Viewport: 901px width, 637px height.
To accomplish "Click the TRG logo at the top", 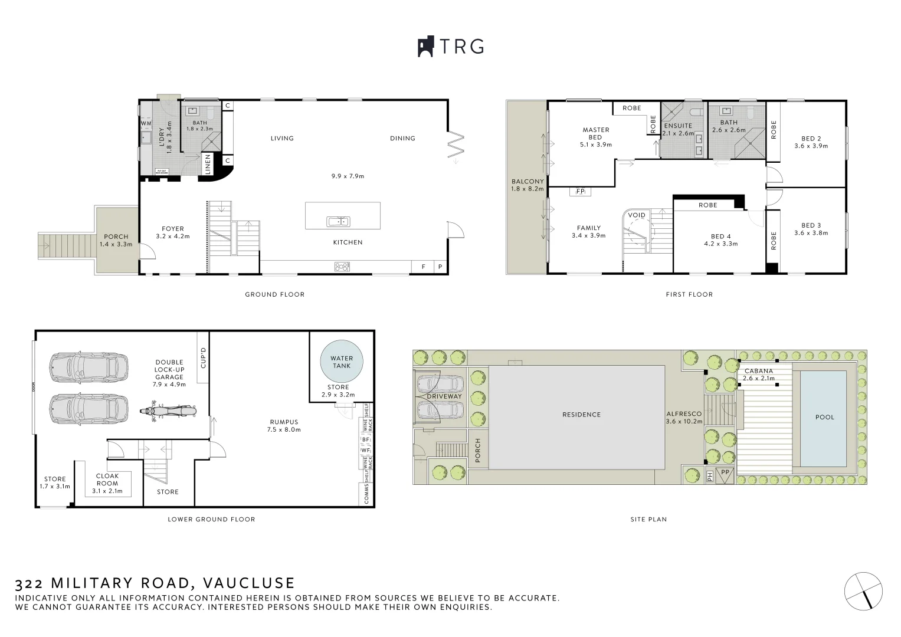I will pos(451,47).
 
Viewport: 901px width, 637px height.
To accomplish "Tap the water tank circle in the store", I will pos(342,362).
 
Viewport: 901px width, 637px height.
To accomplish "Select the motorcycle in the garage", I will pos(168,411).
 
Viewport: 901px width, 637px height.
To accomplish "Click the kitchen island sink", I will pos(338,222).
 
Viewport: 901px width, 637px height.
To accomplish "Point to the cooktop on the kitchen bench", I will pos(342,267).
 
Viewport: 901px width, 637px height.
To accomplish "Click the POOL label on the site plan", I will pos(825,417).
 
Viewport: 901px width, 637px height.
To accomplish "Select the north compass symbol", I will pos(863,590).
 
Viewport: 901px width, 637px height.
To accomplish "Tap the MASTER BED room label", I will pos(595,133).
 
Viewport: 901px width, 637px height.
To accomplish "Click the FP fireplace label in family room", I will pos(580,192).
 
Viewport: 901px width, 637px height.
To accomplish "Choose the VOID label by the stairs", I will pos(637,215).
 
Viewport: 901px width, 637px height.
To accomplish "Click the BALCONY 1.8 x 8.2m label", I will pos(528,185).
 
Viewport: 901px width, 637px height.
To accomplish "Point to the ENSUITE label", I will pos(678,126).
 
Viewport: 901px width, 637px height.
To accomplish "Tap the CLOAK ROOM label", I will pos(107,480).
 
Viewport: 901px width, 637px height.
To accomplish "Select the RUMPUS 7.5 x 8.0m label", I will pos(284,426).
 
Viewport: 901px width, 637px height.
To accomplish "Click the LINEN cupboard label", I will pos(208,165).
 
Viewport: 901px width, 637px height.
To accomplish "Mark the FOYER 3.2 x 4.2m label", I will pos(173,232).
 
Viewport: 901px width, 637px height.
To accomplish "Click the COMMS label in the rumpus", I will pos(366,494).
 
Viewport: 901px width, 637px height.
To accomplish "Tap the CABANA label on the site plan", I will pos(758,371).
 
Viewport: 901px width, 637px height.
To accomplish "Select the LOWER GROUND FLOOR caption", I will pos(211,520).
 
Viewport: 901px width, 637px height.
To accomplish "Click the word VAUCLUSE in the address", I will pos(248,583).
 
